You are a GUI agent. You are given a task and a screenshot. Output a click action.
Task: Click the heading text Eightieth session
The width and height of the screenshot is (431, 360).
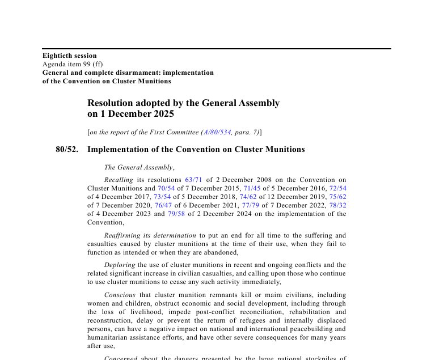[69, 56]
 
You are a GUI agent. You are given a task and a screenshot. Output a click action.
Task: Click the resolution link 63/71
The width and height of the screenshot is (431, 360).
[193, 180]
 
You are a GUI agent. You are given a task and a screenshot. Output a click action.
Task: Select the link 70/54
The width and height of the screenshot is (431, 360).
[166, 188]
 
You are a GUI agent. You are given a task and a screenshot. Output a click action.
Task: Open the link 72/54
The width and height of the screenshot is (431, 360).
[337, 188]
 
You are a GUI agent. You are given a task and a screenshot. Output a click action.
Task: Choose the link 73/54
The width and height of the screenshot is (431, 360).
[162, 197]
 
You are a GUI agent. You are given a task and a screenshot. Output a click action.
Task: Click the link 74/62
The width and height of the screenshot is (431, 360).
[248, 197]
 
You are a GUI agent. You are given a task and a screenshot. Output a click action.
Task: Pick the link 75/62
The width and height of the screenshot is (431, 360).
[337, 197]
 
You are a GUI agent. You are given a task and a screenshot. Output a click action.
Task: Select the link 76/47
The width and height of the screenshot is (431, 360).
[163, 205]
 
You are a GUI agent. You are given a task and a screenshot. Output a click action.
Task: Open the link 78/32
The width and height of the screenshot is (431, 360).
[337, 205]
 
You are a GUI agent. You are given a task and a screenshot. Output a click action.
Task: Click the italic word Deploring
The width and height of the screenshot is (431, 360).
[120, 265]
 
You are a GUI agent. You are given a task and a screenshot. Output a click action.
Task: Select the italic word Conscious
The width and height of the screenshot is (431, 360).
[120, 295]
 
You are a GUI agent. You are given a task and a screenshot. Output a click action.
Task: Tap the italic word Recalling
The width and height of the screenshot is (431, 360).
[119, 180]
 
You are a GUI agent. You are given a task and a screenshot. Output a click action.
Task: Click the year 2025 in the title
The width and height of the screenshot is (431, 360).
[162, 113]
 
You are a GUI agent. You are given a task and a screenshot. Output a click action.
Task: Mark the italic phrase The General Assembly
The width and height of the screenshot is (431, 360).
[138, 167]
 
